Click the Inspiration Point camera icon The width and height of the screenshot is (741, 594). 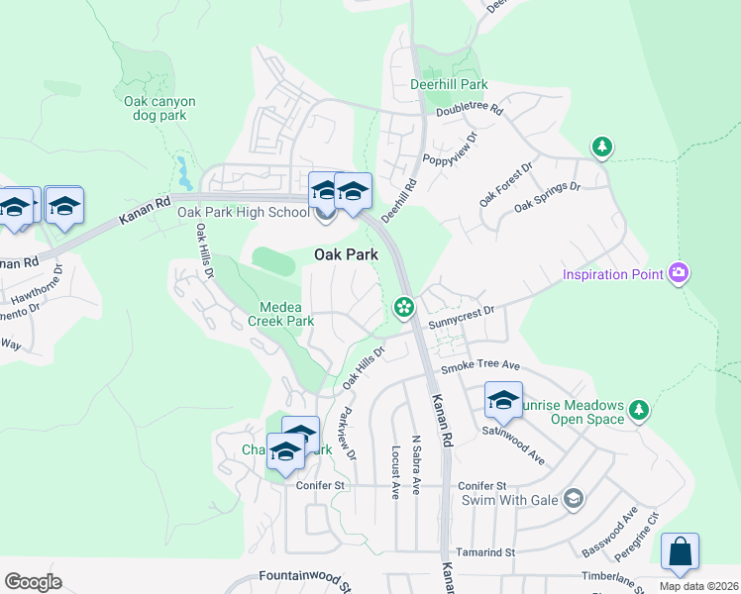678,272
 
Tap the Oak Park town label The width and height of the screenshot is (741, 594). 346,254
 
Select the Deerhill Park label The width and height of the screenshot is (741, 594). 449,84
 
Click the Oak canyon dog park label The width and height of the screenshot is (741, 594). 160,108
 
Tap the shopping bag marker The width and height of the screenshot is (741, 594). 680,553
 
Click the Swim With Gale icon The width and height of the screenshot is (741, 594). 572,498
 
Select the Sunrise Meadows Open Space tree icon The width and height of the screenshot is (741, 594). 639,409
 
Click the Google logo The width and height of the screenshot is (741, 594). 34,581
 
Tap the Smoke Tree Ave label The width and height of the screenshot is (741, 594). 480,366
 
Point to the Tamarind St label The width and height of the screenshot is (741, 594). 485,551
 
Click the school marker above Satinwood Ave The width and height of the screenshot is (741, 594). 503,400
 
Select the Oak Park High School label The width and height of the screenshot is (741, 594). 244,212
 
